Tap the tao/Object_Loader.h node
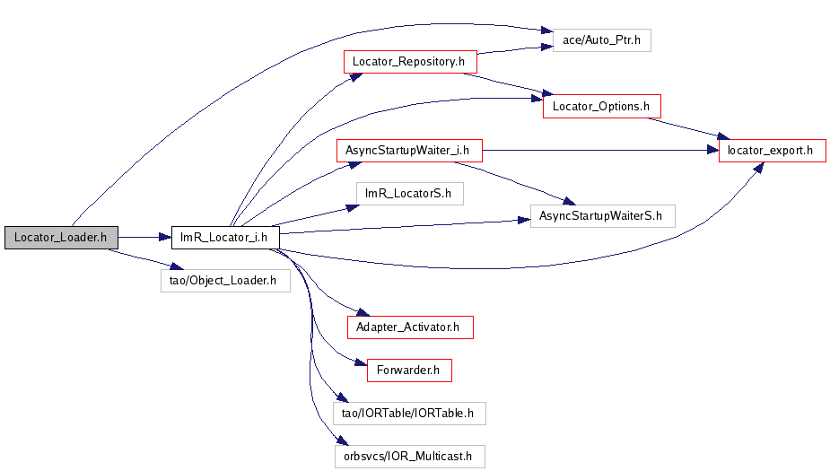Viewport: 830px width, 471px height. (223, 280)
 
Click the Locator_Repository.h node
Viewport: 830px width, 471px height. (409, 62)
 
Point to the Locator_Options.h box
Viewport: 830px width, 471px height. (601, 106)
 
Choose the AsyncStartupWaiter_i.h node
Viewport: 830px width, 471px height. (408, 150)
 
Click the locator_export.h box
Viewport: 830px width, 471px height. (772, 150)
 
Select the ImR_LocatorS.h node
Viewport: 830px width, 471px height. (409, 193)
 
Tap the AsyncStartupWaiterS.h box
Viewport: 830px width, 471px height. (601, 215)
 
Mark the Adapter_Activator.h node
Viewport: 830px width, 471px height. (409, 327)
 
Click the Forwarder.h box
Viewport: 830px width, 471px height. (409, 370)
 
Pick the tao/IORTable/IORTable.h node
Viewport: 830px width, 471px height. (409, 414)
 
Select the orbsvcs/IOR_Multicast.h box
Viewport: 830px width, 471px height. (409, 457)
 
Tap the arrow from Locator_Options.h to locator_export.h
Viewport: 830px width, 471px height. (691, 128)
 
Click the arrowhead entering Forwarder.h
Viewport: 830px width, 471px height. (361, 363)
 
